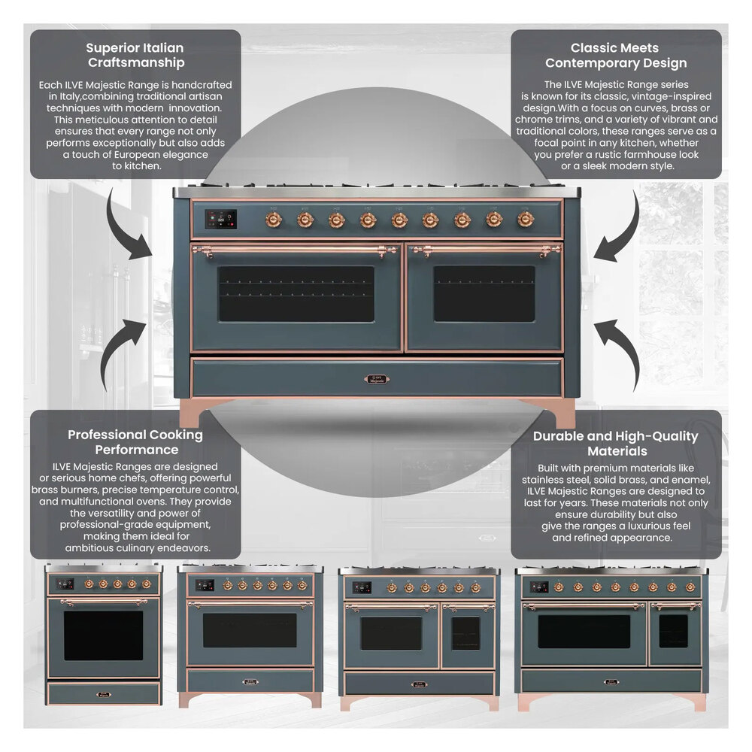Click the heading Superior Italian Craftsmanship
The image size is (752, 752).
pyautogui.click(x=135, y=56)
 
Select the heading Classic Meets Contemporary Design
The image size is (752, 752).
pyautogui.click(x=616, y=56)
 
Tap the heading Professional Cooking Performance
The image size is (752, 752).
pyautogui.click(x=135, y=442)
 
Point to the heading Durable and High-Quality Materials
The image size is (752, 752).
pyautogui.click(x=616, y=444)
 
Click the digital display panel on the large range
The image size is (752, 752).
pyautogui.click(x=220, y=219)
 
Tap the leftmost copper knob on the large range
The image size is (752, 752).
pyautogui.click(x=274, y=220)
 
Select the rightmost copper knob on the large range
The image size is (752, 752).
pyautogui.click(x=526, y=219)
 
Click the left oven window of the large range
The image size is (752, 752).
pyautogui.click(x=296, y=293)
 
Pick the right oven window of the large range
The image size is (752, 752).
pyautogui.click(x=484, y=293)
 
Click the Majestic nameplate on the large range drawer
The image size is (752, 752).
pyautogui.click(x=378, y=380)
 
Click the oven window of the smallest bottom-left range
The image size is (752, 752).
pyautogui.click(x=103, y=635)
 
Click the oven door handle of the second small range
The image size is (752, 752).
pyautogui.click(x=250, y=603)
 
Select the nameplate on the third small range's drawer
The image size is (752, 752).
pyautogui.click(x=420, y=684)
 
